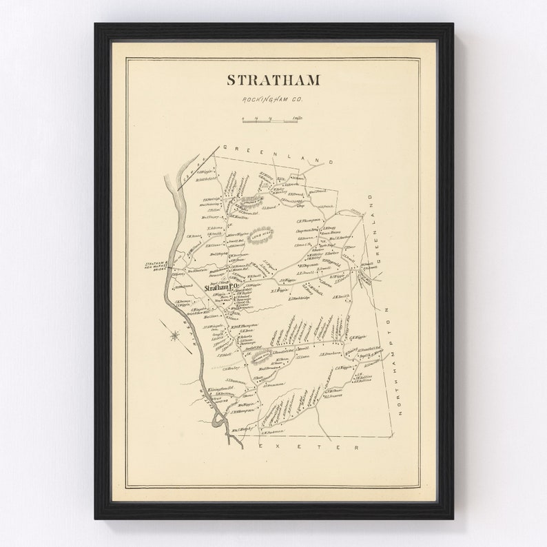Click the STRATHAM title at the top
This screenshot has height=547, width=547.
click(273, 80)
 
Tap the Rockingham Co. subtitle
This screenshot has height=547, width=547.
click(273, 100)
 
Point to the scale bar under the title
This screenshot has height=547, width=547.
click(273, 121)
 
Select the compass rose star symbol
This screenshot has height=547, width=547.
click(174, 336)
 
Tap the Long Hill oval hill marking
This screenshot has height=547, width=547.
click(261, 234)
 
